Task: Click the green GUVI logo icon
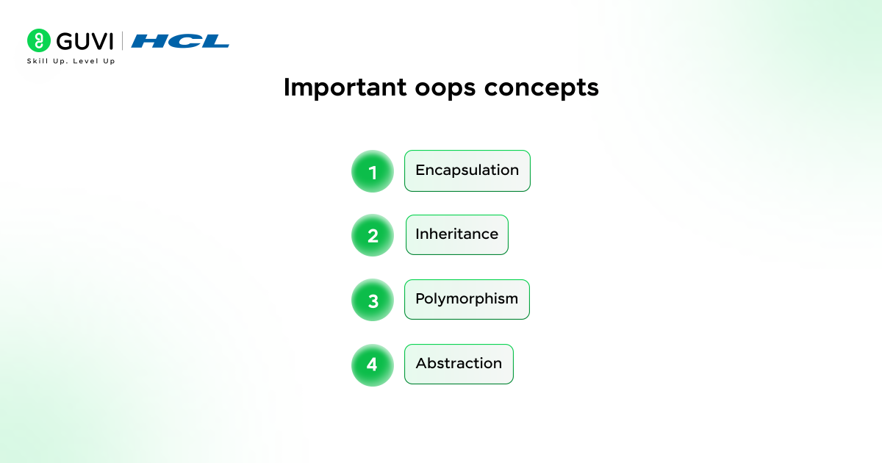pos(38,40)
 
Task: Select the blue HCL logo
pos(180,41)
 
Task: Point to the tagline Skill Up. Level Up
pos(71,61)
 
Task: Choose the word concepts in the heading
pos(541,87)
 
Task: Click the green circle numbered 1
pos(373,171)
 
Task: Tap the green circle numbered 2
pos(373,236)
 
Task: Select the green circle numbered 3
pos(373,300)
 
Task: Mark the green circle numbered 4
pos(373,365)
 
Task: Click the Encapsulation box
pos(467,171)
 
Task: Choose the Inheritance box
pos(456,234)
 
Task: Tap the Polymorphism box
pos(467,299)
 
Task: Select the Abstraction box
pos(459,364)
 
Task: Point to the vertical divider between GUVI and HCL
pos(122,41)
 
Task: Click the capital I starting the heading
pos(287,87)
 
